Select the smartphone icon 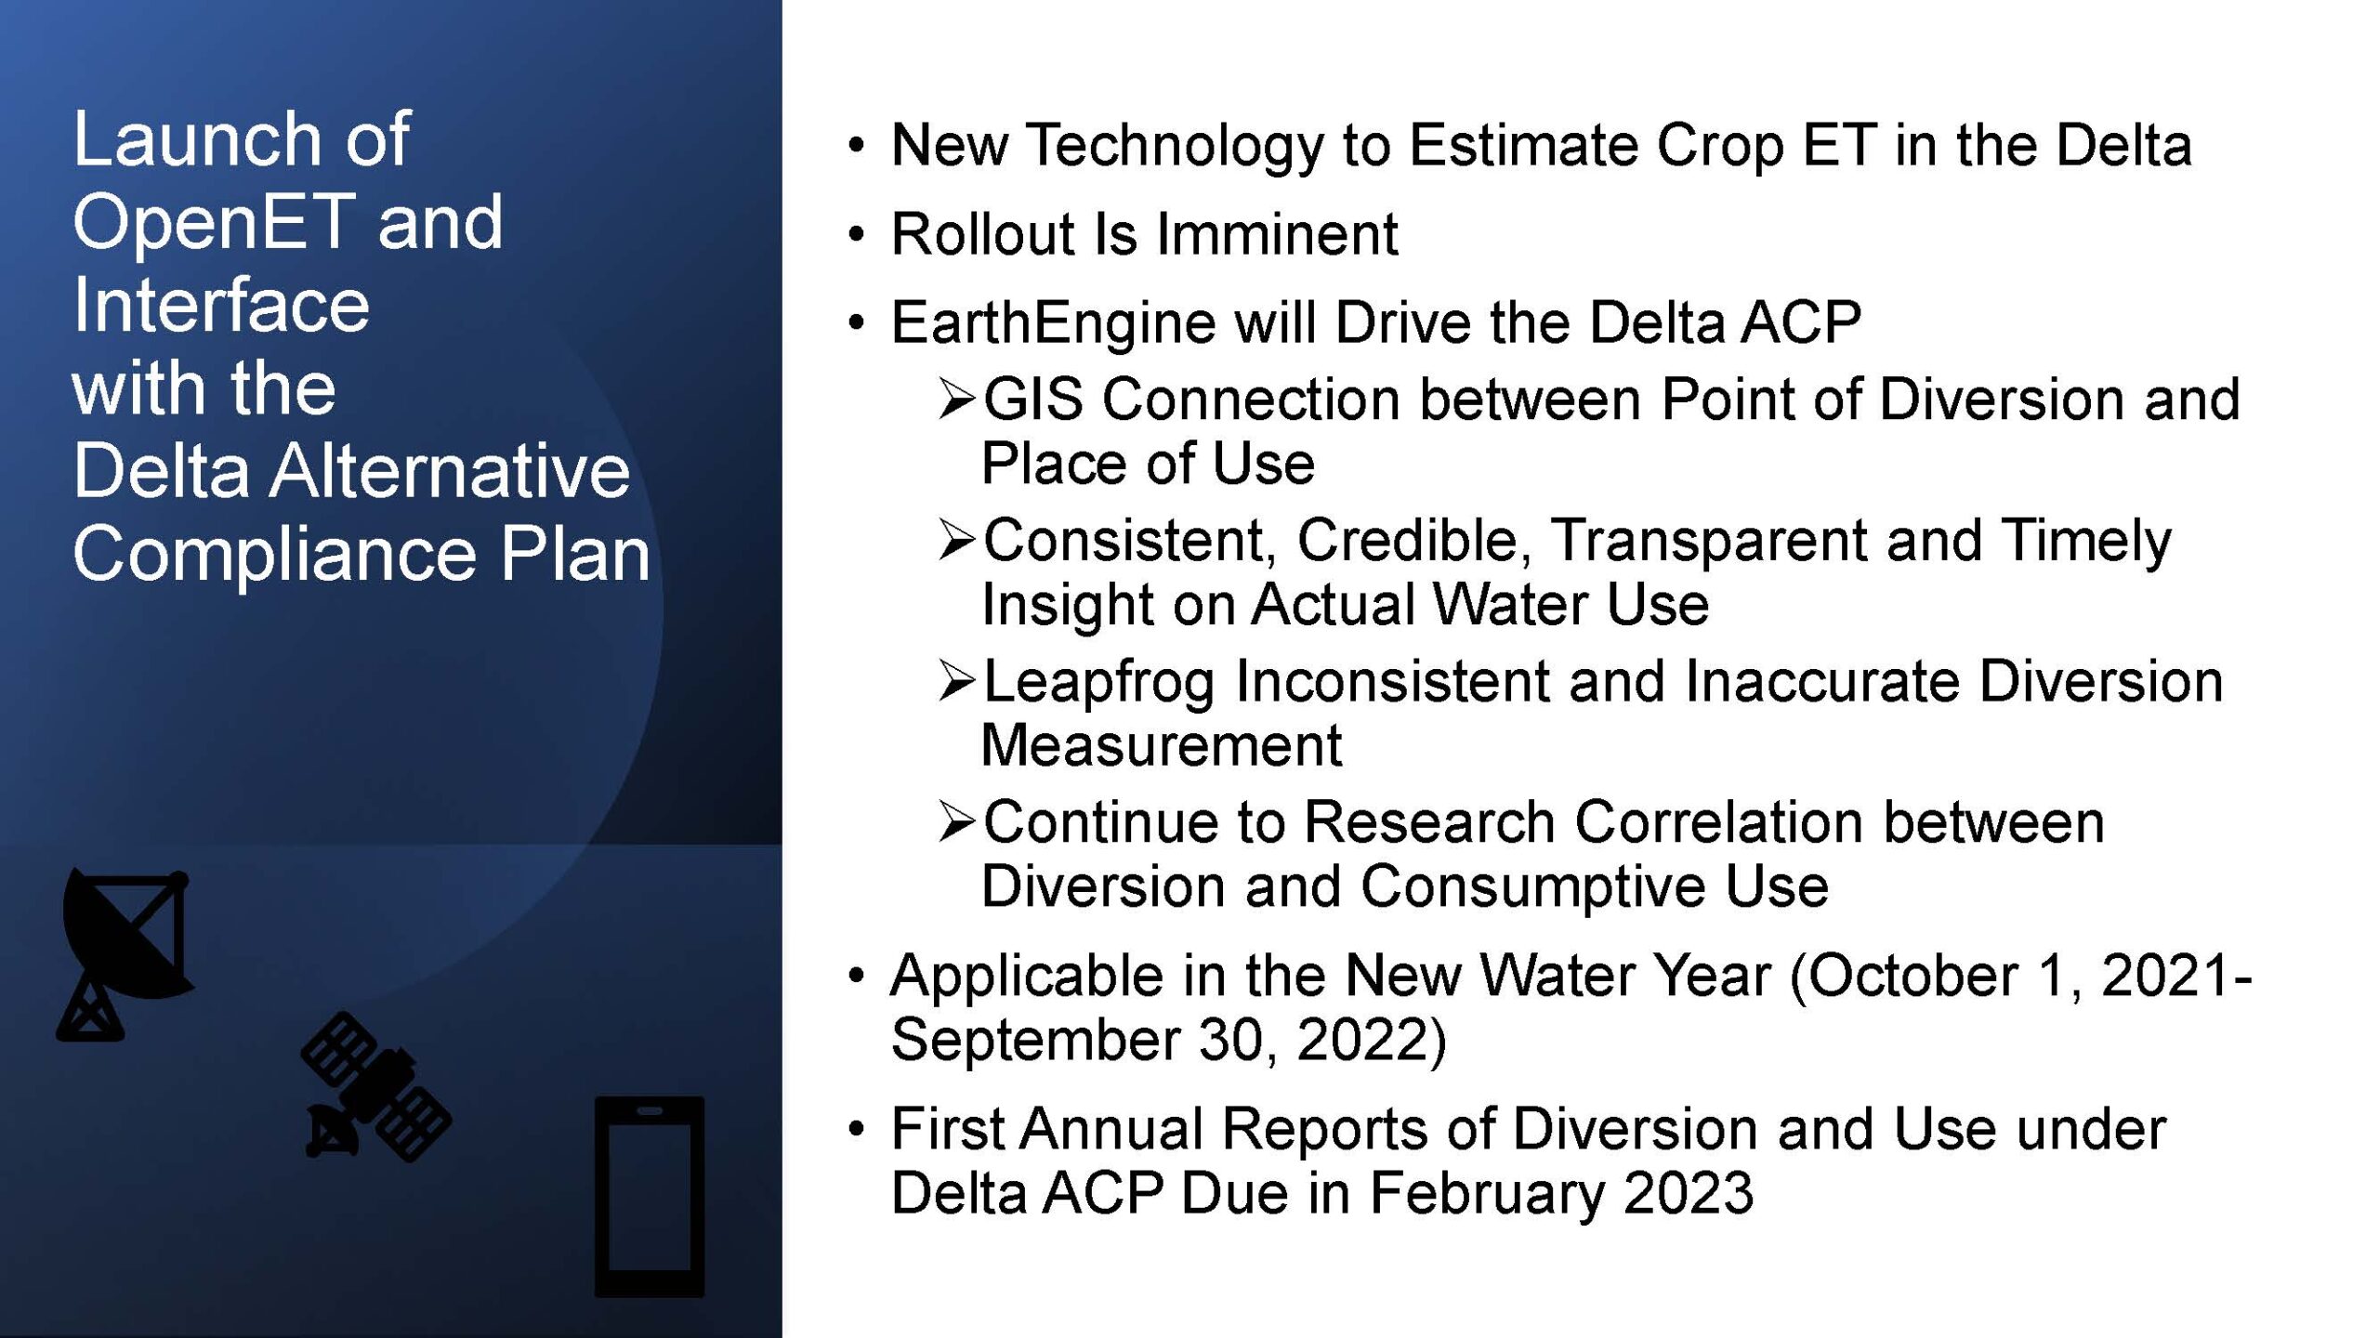coord(650,1197)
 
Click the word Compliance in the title coord(274,554)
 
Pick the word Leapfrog coord(1099,682)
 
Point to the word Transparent coord(1708,541)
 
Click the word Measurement coord(1162,745)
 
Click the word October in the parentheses coord(1913,976)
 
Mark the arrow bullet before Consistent coord(957,540)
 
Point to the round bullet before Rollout coord(856,234)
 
